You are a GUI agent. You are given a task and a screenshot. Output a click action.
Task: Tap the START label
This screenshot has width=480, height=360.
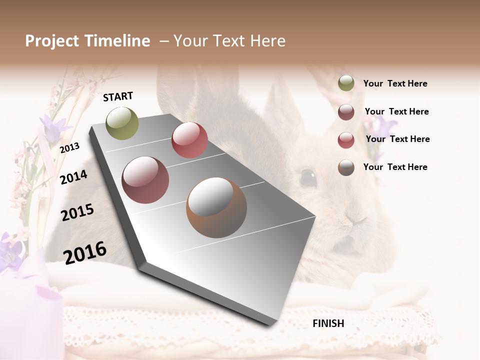tap(118, 96)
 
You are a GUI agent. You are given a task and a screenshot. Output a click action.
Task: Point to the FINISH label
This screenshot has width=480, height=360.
tap(328, 323)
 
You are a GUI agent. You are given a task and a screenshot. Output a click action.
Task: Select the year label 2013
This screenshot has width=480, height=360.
tap(69, 147)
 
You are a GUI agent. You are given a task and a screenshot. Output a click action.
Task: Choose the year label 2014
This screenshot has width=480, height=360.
tap(73, 176)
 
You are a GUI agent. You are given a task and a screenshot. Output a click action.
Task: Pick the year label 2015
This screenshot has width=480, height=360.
tap(77, 212)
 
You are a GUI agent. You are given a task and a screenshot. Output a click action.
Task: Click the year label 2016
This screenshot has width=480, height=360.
tap(85, 252)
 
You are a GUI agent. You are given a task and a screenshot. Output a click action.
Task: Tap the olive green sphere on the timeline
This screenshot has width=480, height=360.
tap(122, 123)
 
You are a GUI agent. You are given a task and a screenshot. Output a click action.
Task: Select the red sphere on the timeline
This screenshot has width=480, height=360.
tap(189, 140)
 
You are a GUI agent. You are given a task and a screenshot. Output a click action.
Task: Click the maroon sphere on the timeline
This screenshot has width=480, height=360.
tap(145, 180)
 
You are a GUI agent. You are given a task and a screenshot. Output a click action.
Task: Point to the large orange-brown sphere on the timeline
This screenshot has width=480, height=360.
tap(216, 207)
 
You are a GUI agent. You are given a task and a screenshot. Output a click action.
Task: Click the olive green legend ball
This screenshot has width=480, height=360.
tap(346, 83)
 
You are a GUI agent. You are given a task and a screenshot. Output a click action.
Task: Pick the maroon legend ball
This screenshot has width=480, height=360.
tap(346, 112)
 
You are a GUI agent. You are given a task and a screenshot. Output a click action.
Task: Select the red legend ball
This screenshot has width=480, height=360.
tap(346, 140)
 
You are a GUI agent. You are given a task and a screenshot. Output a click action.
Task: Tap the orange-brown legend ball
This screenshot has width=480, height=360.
tap(346, 167)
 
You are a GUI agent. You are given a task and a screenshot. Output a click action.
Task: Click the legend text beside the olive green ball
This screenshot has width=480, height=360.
tap(395, 83)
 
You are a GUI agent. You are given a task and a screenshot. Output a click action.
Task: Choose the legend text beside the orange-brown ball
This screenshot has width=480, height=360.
tap(395, 167)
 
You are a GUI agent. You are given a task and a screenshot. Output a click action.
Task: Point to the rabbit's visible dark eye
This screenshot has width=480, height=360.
tap(308, 176)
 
